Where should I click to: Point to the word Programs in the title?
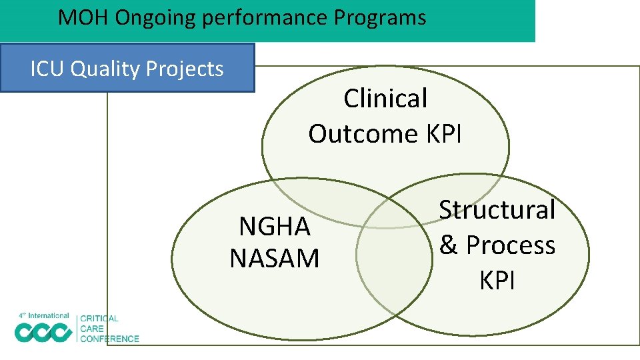pyautogui.click(x=380, y=17)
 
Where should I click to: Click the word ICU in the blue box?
pyautogui.click(x=47, y=68)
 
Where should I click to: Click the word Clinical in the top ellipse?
pyautogui.click(x=385, y=99)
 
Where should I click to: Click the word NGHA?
pyautogui.click(x=275, y=227)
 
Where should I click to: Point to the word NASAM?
pyautogui.click(x=275, y=258)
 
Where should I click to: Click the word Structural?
pyautogui.click(x=497, y=209)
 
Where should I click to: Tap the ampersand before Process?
pyautogui.click(x=449, y=245)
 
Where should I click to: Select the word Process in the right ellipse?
pyautogui.click(x=510, y=245)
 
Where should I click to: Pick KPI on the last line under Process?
pyautogui.click(x=497, y=281)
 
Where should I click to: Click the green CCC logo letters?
pyautogui.click(x=43, y=331)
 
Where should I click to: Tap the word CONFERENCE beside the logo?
pyautogui.click(x=109, y=339)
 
